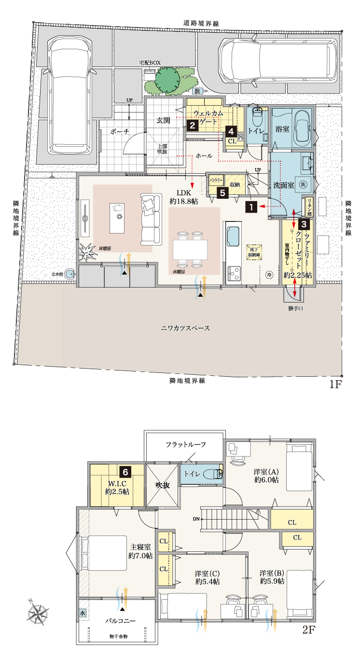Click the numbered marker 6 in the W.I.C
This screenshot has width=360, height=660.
click(x=125, y=472)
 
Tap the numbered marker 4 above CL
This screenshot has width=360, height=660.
click(x=232, y=131)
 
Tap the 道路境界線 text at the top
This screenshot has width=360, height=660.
click(x=201, y=23)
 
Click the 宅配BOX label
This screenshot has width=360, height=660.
click(x=150, y=63)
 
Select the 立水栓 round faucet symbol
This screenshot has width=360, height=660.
click(x=71, y=274)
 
